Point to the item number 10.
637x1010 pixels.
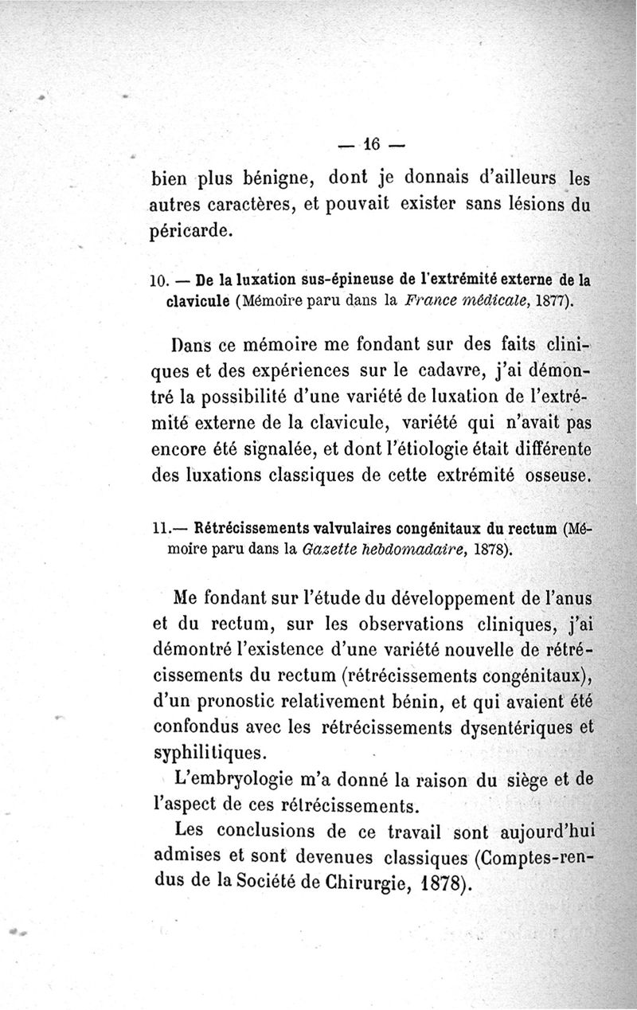157,280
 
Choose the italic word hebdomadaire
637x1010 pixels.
405,549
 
